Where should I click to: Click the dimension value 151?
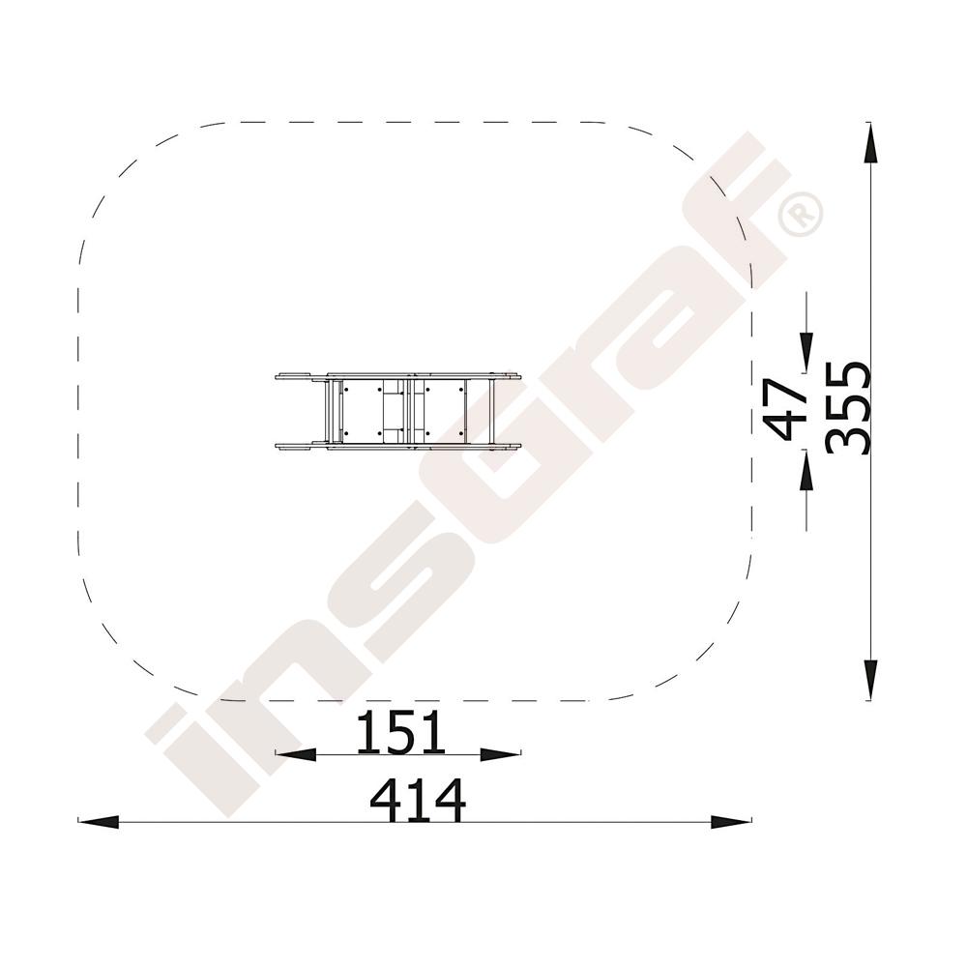400,732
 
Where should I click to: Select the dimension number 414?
418,800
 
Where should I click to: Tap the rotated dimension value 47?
785,410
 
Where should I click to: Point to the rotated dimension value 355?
848,408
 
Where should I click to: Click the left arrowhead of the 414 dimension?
98,821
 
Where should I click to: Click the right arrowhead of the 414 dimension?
731,821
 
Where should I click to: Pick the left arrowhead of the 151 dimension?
296,753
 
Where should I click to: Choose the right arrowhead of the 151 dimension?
501,753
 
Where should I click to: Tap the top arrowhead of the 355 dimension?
870,143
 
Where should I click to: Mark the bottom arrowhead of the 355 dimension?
870,680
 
